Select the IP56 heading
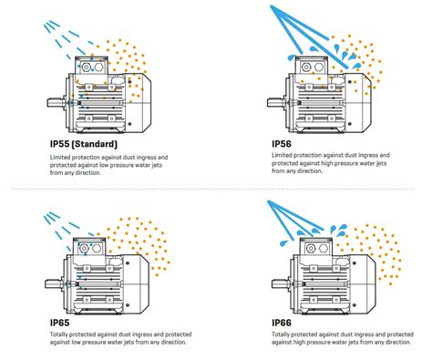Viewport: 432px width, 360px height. point(283,143)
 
